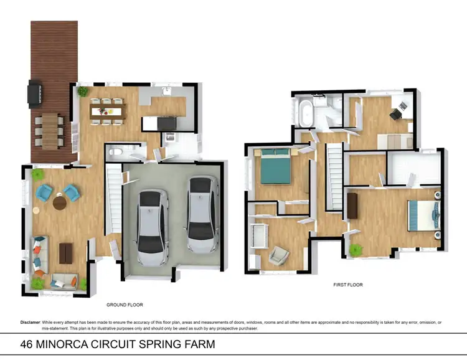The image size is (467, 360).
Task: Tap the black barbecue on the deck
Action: [35, 94]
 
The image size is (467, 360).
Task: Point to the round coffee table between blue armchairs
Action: [59, 202]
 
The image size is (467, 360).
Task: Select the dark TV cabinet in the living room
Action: [65, 252]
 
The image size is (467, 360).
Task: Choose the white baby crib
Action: [258, 235]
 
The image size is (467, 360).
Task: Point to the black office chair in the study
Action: [396, 113]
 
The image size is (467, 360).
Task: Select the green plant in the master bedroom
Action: [356, 250]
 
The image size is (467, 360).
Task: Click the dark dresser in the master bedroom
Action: [353, 206]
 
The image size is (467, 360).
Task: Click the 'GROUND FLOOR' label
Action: [125, 305]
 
